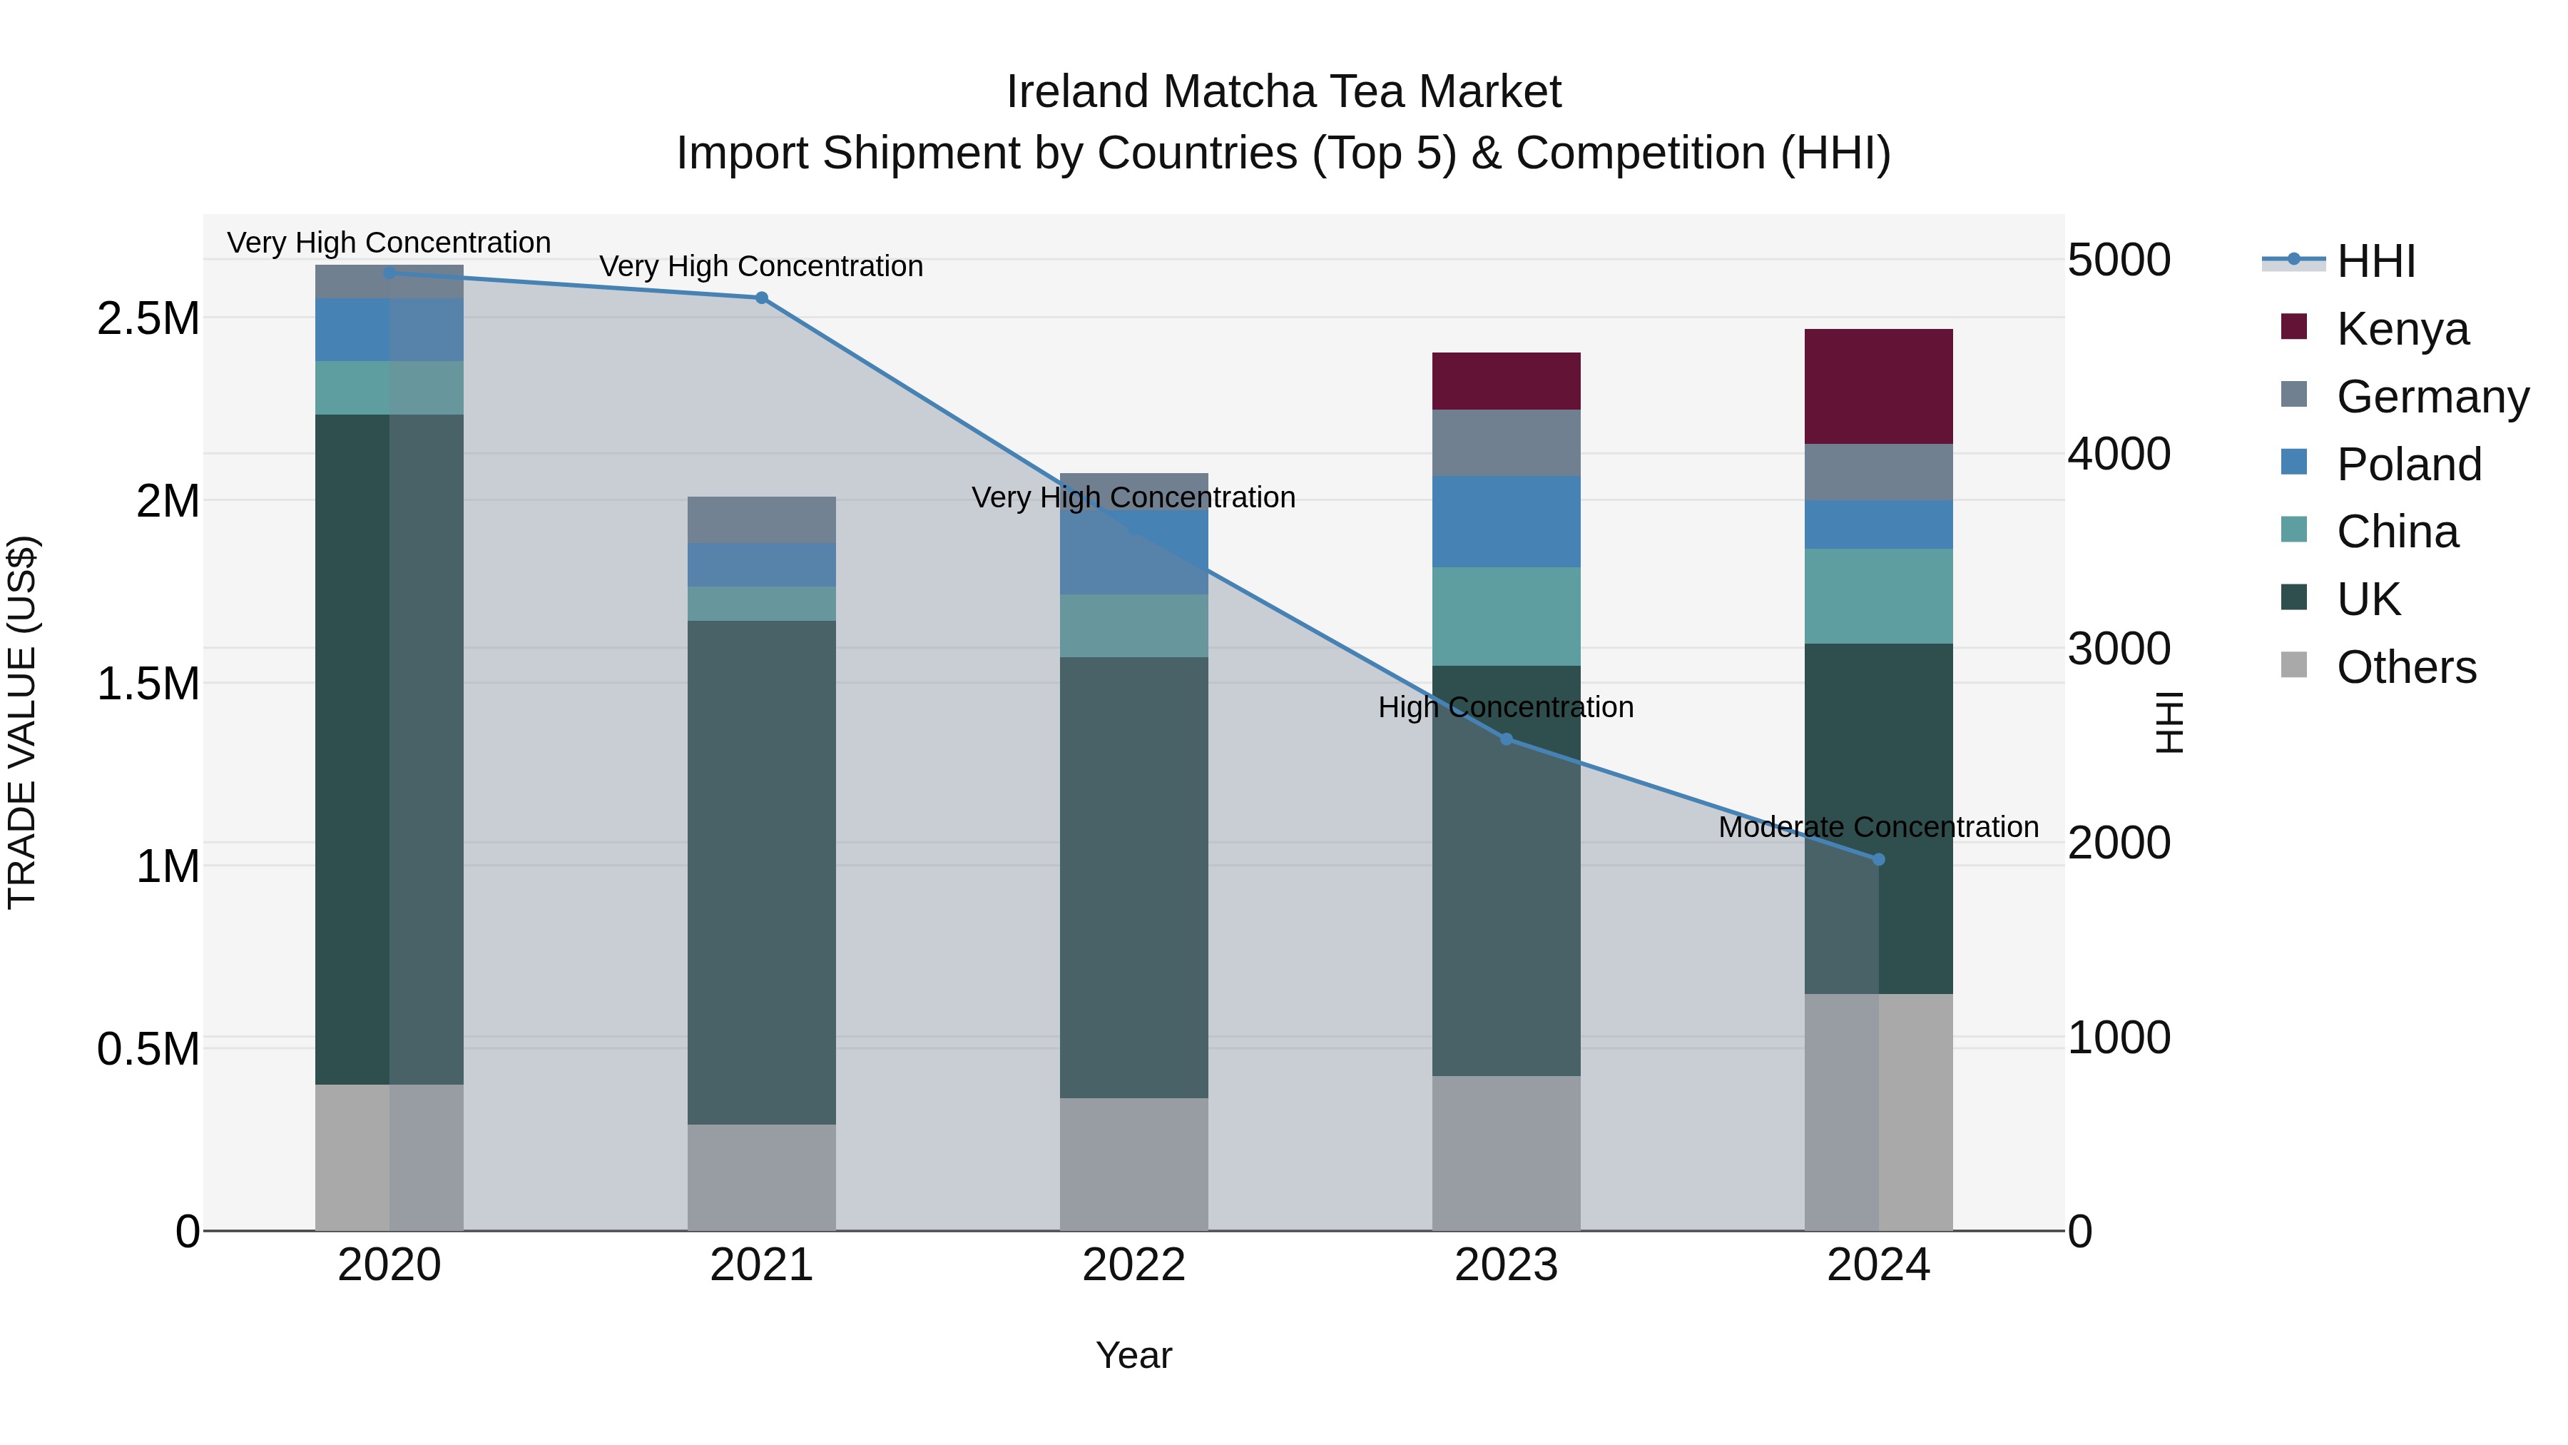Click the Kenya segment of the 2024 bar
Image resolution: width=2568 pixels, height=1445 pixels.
pyautogui.click(x=1878, y=386)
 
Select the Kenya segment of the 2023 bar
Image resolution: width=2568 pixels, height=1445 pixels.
pyautogui.click(x=1505, y=381)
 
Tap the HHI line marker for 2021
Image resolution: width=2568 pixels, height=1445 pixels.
pyautogui.click(x=762, y=297)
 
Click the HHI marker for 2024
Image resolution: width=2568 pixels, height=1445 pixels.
pyautogui.click(x=1878, y=860)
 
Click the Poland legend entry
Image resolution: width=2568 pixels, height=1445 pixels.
pyautogui.click(x=2407, y=465)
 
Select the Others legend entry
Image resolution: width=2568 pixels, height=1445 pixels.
pyautogui.click(x=2405, y=667)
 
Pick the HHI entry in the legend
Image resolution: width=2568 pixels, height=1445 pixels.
pyautogui.click(x=2375, y=261)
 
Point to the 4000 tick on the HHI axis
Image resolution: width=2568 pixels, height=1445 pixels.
pyautogui.click(x=2119, y=454)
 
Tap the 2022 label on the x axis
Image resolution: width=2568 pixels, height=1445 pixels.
pyautogui.click(x=1133, y=1265)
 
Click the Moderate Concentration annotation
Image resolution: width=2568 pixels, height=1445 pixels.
pyautogui.click(x=1878, y=827)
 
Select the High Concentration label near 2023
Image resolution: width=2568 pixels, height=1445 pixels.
pyautogui.click(x=1505, y=707)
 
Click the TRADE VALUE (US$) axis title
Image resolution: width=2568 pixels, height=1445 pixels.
pyautogui.click(x=22, y=722)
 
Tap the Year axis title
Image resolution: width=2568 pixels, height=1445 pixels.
pyautogui.click(x=1133, y=1355)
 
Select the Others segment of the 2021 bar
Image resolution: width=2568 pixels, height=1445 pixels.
pyautogui.click(x=762, y=1177)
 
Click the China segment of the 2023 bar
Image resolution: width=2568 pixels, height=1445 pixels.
pyautogui.click(x=1505, y=617)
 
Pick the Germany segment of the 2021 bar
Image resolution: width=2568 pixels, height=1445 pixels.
pyautogui.click(x=762, y=519)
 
